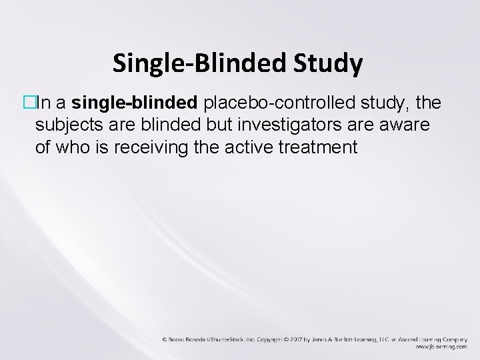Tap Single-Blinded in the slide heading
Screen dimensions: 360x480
[198, 64]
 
